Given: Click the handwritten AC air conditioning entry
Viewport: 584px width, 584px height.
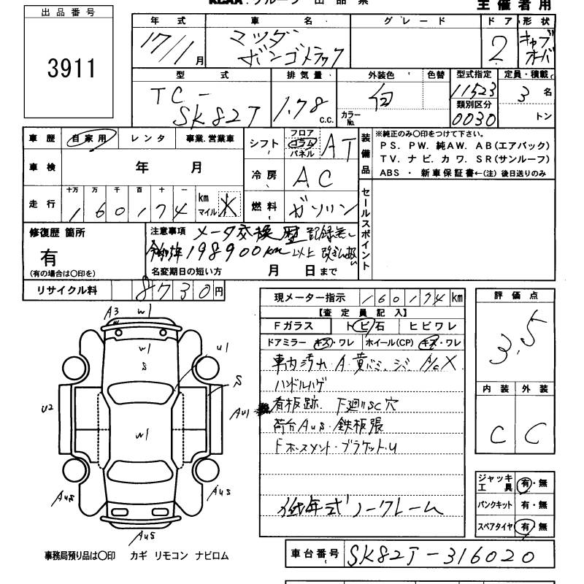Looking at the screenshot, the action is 315,177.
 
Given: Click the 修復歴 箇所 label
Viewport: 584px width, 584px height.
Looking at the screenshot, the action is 57,233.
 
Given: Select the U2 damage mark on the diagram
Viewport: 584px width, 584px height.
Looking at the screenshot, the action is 48,409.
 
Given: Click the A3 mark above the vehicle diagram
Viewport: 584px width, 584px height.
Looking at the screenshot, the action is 112,312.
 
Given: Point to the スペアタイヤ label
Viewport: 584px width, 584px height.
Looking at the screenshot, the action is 493,526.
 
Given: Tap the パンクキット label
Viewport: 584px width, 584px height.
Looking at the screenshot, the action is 493,504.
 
